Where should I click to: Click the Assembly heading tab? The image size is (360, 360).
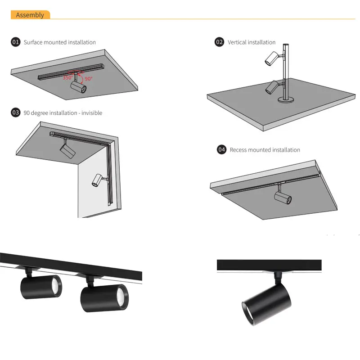[x=30, y=15]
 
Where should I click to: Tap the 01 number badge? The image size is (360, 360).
[x=16, y=42]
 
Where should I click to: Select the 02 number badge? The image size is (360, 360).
[x=219, y=42]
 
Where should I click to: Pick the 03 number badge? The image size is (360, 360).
[x=16, y=112]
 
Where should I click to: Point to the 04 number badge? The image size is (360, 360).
[x=221, y=149]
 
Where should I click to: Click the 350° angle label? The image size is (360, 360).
[x=67, y=77]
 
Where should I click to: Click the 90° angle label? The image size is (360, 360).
[x=88, y=78]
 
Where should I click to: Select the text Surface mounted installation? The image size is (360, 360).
[x=59, y=42]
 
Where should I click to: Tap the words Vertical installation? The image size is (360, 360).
[x=252, y=42]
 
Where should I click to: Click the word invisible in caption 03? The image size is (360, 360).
[x=92, y=113]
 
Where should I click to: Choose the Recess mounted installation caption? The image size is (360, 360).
[x=265, y=150]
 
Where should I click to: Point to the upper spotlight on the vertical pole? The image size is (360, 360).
[x=272, y=57]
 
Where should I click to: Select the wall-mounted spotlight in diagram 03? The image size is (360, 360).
[x=97, y=180]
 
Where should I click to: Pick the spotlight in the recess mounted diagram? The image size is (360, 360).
[x=283, y=197]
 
